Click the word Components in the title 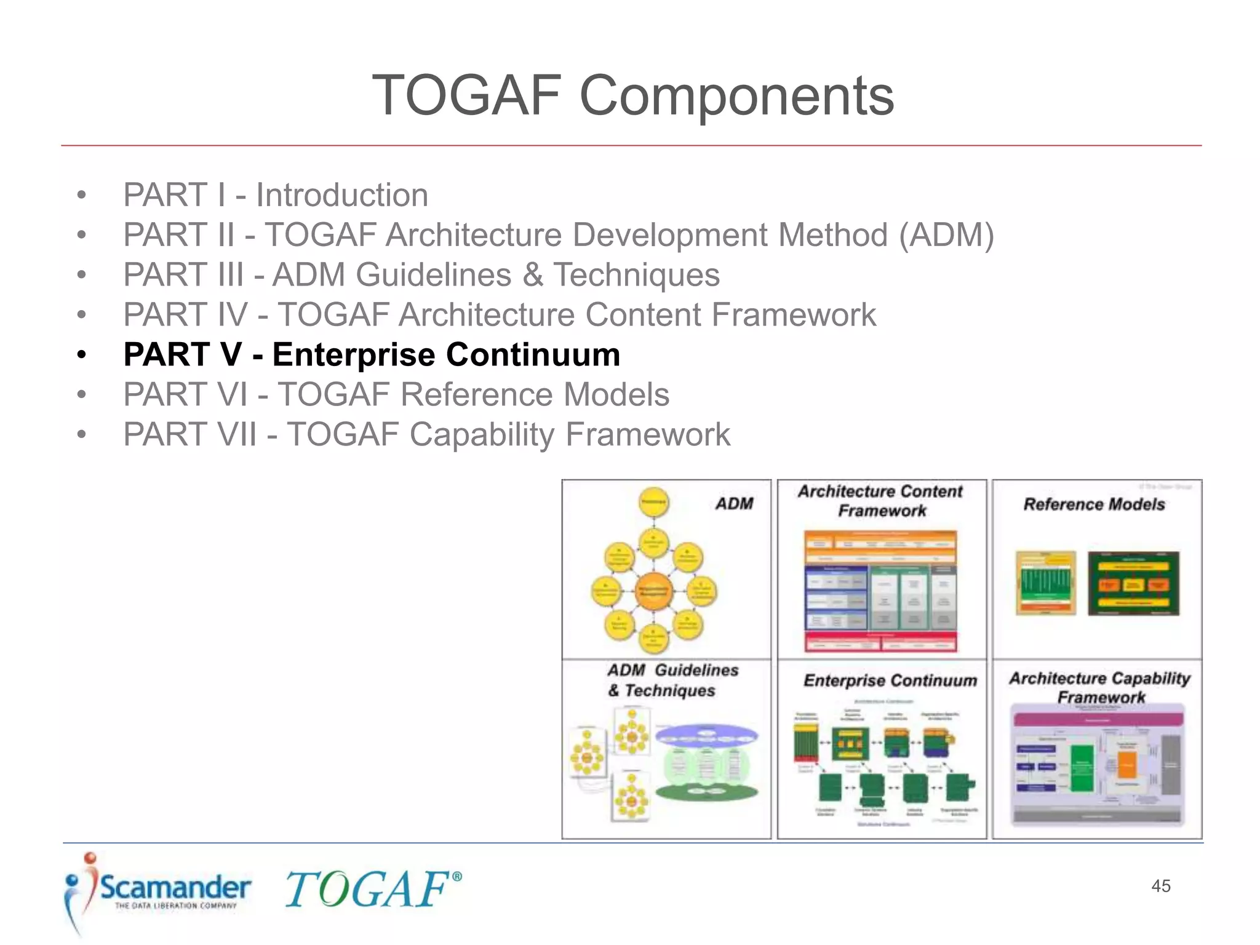(x=736, y=96)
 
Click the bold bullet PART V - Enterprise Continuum (x=372, y=355)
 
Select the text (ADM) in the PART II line (x=946, y=236)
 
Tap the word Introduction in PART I (x=342, y=196)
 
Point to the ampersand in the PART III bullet (x=532, y=275)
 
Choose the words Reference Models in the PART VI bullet (x=535, y=395)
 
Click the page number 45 (x=1160, y=886)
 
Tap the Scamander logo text (x=175, y=888)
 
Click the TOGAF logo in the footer (x=367, y=890)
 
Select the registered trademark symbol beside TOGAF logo (x=457, y=876)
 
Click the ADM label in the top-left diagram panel (x=734, y=504)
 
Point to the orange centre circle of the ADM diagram (x=653, y=591)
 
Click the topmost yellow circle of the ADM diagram (x=653, y=502)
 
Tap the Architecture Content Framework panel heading (x=881, y=501)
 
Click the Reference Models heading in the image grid (x=1094, y=504)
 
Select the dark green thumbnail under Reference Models (x=1133, y=583)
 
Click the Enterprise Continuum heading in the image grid (x=890, y=680)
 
